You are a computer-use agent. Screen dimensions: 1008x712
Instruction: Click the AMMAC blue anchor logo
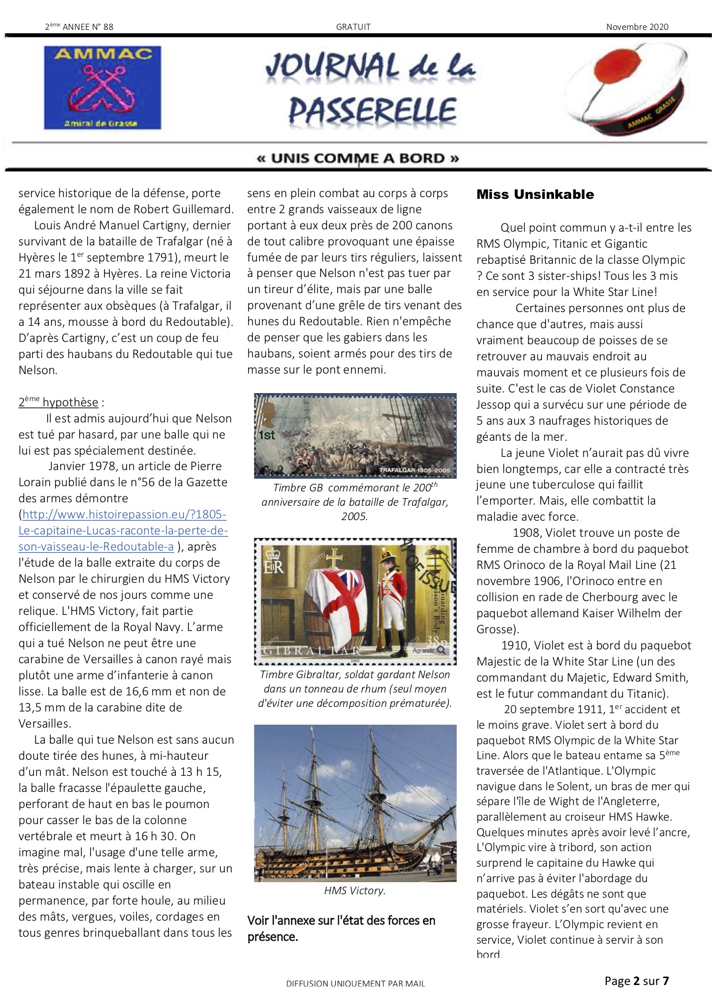[x=102, y=87]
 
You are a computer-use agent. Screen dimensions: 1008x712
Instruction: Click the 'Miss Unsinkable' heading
[x=535, y=194]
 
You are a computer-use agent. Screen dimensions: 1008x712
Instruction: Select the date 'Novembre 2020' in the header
[x=637, y=26]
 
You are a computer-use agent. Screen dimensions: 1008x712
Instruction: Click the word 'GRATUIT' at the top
[x=353, y=26]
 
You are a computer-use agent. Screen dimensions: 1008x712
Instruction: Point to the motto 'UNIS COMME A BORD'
[x=357, y=158]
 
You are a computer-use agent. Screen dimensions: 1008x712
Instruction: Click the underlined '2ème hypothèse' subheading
[x=59, y=402]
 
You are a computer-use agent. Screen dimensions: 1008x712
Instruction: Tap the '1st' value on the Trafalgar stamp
[x=267, y=435]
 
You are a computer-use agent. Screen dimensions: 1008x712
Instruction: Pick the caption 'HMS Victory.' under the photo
[x=355, y=890]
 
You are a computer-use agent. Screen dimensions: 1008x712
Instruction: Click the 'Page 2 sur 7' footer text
[x=636, y=980]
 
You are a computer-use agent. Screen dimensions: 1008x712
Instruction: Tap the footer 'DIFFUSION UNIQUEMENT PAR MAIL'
[x=355, y=983]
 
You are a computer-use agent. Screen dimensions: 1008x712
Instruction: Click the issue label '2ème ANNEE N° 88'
[x=79, y=26]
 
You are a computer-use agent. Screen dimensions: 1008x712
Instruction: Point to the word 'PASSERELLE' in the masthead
[x=372, y=110]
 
